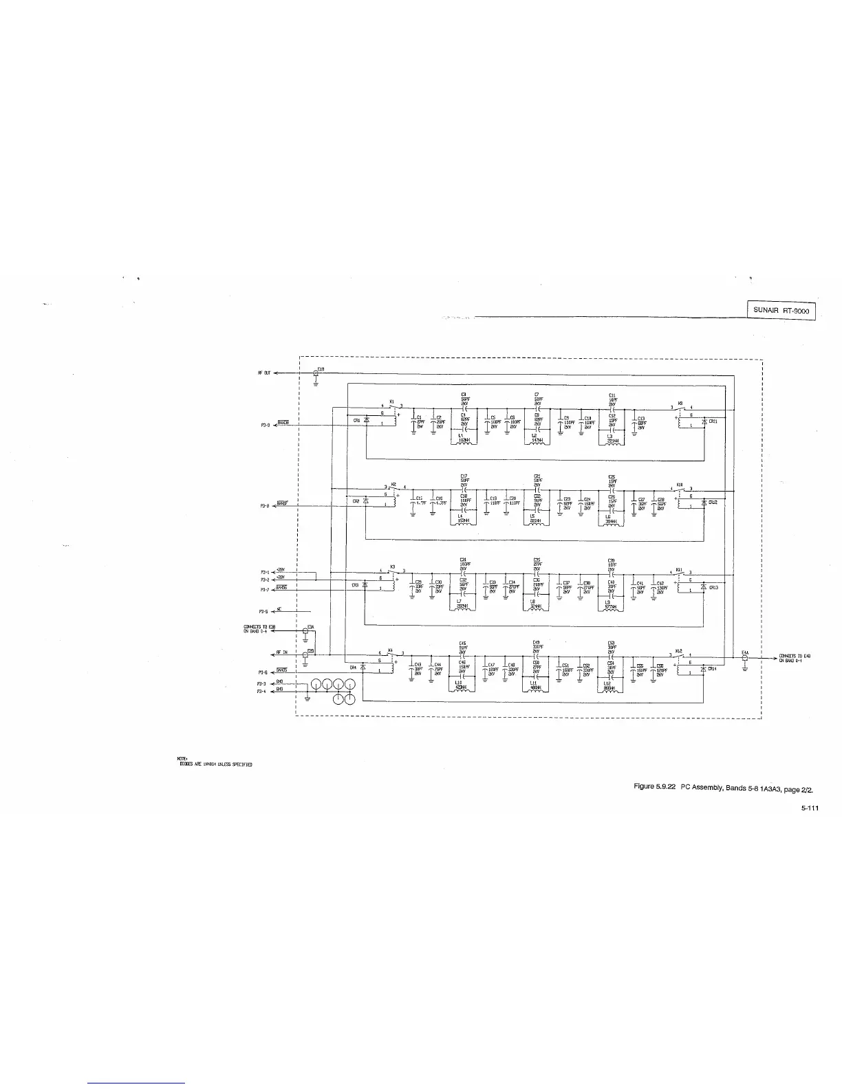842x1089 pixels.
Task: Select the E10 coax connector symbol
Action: click(x=316, y=373)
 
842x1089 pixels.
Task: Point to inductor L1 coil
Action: click(x=464, y=441)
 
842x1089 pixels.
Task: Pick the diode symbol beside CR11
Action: click(x=704, y=421)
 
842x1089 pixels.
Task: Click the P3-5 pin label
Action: click(x=263, y=611)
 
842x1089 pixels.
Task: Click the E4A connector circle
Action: click(x=745, y=657)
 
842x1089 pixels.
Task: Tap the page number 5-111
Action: click(x=809, y=808)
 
